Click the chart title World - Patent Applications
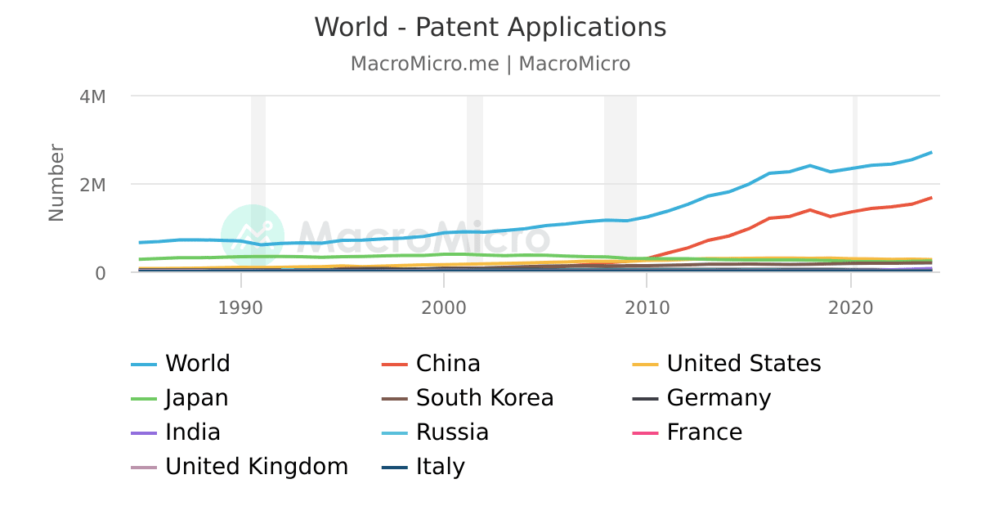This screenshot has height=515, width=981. click(490, 27)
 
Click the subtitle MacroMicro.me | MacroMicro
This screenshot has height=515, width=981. click(490, 64)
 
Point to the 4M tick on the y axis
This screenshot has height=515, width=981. click(92, 96)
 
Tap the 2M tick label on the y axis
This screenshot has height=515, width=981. click(92, 185)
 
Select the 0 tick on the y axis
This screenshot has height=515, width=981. click(100, 273)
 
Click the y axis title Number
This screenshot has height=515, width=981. click(56, 182)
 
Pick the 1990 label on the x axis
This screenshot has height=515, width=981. click(240, 307)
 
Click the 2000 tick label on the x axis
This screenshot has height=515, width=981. click(443, 307)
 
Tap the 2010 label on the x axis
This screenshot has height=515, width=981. click(647, 307)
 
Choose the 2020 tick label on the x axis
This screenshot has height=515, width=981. click(851, 307)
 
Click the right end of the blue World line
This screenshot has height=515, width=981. click(931, 153)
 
